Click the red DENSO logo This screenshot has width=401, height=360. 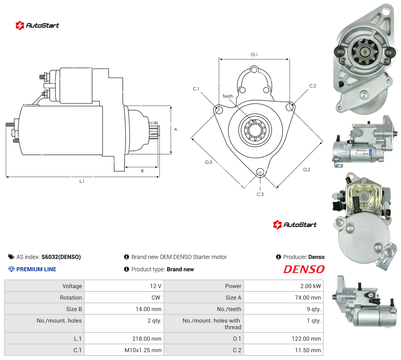[304, 269]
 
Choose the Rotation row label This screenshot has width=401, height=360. [71, 298]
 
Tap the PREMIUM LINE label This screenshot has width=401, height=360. [36, 269]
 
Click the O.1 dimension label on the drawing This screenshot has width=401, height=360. [254, 55]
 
